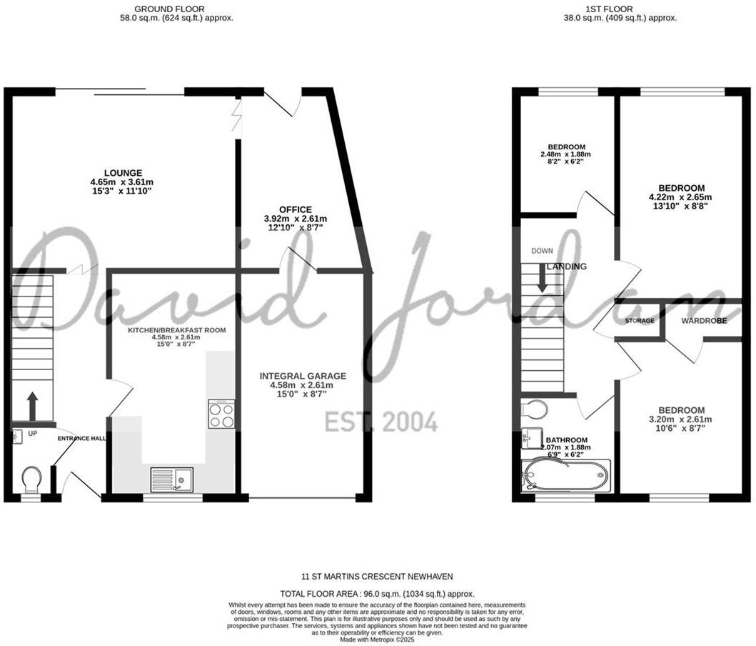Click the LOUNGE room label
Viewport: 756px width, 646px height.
(x=123, y=173)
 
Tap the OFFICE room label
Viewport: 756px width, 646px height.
(x=295, y=209)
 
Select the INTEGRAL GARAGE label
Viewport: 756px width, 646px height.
(x=303, y=376)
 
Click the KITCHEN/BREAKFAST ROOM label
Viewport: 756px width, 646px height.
(x=177, y=330)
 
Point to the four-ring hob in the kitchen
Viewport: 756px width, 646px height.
(x=221, y=414)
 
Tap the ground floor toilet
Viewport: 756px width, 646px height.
(x=31, y=479)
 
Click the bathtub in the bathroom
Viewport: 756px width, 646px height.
(x=566, y=475)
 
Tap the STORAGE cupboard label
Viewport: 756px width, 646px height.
(x=640, y=321)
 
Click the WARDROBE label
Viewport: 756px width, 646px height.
(x=704, y=321)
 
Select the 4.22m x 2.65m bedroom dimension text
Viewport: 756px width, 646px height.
(x=680, y=197)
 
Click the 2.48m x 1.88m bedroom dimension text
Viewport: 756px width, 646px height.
(x=565, y=154)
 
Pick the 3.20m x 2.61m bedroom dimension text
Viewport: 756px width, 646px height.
(x=680, y=419)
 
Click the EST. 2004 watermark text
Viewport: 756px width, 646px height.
(x=381, y=422)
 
